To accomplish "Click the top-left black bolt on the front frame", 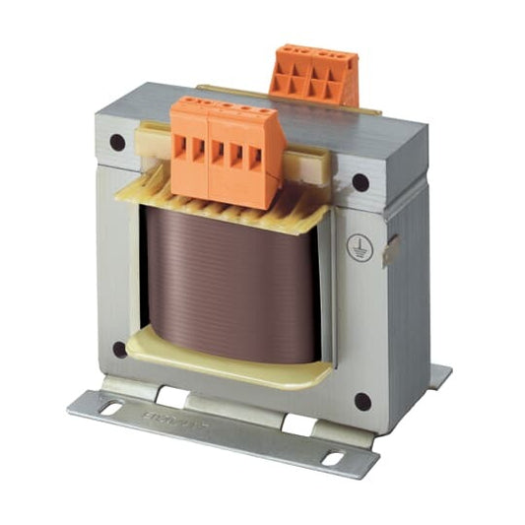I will pyautogui.click(x=117, y=142).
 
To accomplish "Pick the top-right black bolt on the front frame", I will pyautogui.click(x=361, y=182).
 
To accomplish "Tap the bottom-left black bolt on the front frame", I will pyautogui.click(x=120, y=349).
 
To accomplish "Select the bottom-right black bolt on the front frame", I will pyautogui.click(x=362, y=401).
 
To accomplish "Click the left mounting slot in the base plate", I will pyautogui.click(x=108, y=407).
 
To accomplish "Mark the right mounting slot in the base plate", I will pyautogui.click(x=336, y=458).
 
